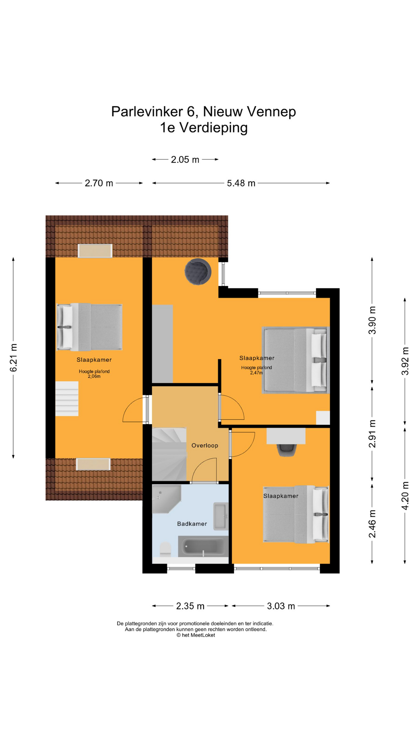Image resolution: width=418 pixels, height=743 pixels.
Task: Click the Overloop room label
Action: click(205, 445)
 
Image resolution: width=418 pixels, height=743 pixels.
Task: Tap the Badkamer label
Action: click(192, 524)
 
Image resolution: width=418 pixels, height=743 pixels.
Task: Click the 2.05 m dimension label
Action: click(185, 159)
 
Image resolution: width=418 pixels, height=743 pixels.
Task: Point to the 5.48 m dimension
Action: click(241, 183)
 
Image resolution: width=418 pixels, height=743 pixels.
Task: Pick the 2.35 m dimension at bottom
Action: click(190, 606)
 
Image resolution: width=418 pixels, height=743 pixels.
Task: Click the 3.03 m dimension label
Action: click(281, 606)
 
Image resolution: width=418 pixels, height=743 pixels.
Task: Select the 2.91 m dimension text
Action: click(372, 433)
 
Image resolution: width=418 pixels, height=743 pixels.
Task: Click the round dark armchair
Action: click(198, 271)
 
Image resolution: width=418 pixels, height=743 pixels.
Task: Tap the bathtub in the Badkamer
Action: click(203, 546)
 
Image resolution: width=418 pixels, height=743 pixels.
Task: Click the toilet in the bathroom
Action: click(166, 549)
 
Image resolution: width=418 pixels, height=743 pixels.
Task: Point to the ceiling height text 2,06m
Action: click(94, 376)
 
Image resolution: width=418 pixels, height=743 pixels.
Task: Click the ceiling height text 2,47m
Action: click(256, 373)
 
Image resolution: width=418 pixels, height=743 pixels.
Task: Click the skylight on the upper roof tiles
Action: click(95, 251)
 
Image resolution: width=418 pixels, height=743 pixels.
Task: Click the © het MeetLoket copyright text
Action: click(196, 635)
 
